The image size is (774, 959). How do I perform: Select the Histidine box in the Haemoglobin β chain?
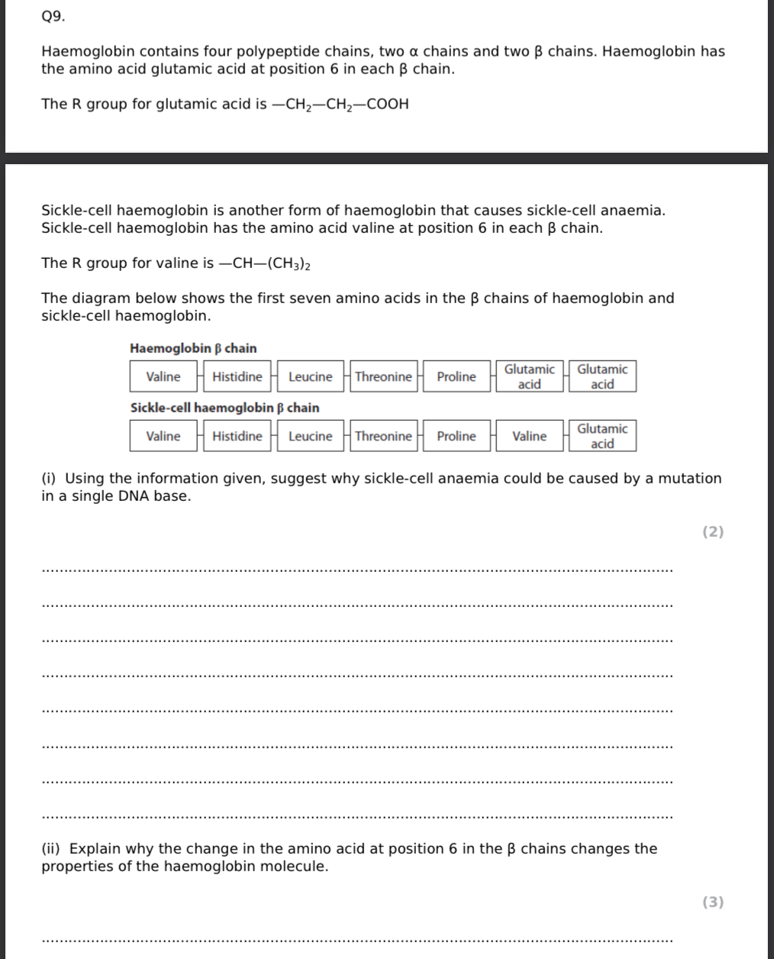[237, 376]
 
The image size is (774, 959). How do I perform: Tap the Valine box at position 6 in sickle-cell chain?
[529, 436]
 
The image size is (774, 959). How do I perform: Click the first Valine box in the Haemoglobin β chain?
[163, 376]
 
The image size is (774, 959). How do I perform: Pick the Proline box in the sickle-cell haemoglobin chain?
[456, 436]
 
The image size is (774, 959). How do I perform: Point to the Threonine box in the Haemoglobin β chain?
[383, 376]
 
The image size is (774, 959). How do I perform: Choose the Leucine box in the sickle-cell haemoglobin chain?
[310, 436]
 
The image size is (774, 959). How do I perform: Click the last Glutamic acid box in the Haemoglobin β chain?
[602, 376]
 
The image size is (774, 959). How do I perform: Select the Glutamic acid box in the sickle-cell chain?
[602, 436]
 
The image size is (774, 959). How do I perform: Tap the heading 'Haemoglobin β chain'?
[193, 348]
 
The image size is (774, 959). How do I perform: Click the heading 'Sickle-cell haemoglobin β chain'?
[224, 408]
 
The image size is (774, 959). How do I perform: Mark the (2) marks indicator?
[712, 532]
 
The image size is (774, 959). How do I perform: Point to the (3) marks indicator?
[712, 902]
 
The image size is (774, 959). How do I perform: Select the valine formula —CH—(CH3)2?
[265, 264]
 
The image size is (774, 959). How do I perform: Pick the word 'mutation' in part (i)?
[689, 479]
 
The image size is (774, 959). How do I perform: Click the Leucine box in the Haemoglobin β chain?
[310, 376]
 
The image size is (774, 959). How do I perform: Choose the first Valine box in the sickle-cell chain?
[163, 436]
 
